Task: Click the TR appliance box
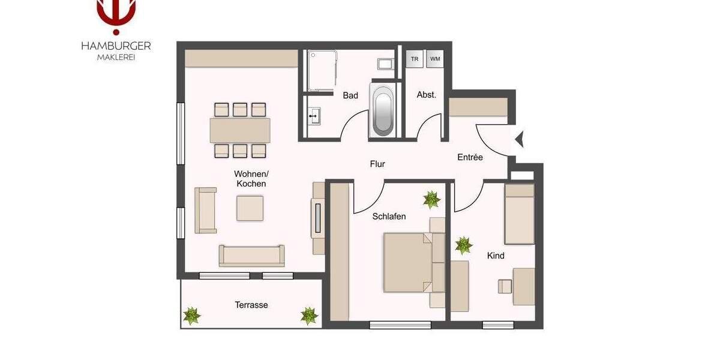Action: (x=414, y=59)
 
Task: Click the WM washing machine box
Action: (x=435, y=59)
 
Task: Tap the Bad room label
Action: (x=350, y=95)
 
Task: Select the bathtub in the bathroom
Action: (x=383, y=111)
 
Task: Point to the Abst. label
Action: (x=426, y=95)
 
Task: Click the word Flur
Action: (x=377, y=164)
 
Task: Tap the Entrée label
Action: (x=470, y=157)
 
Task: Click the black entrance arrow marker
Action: (x=520, y=139)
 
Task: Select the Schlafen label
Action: (x=389, y=216)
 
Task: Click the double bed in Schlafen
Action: (x=408, y=262)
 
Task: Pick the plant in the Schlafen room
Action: (x=431, y=199)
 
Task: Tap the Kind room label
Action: (x=496, y=256)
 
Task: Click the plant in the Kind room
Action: (x=463, y=245)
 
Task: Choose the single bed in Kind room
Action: (x=519, y=214)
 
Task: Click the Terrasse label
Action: (x=251, y=305)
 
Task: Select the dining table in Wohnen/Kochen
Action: (x=240, y=130)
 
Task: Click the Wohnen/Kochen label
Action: (x=251, y=179)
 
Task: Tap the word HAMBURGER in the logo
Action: (x=116, y=46)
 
